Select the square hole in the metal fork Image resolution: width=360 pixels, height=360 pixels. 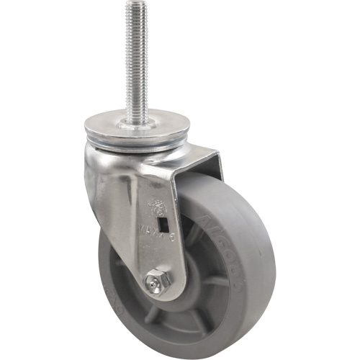pyautogui.click(x=164, y=214)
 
